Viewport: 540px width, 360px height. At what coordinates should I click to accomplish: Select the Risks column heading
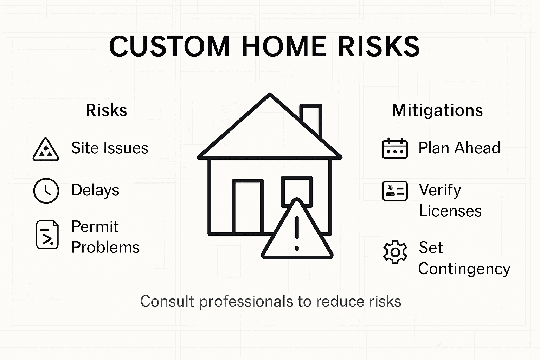[x=106, y=110]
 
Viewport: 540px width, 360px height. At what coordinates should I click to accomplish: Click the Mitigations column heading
[x=437, y=110]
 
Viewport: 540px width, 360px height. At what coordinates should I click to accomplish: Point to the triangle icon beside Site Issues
[x=46, y=150]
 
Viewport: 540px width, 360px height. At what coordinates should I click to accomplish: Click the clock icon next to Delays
[x=46, y=191]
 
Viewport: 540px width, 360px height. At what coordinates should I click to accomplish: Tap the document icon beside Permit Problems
[x=47, y=235]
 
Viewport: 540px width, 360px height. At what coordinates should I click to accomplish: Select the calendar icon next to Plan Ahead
[x=395, y=148]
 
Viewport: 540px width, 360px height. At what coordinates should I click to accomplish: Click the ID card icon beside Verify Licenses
[x=395, y=191]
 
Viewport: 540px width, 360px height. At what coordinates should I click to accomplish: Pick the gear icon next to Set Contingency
[x=395, y=252]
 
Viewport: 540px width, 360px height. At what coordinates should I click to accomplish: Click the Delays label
[x=95, y=190]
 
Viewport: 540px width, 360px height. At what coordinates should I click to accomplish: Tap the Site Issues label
[x=110, y=148]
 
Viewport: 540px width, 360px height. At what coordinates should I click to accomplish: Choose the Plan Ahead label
[x=459, y=148]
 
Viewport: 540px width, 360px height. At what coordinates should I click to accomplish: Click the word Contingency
[x=464, y=269]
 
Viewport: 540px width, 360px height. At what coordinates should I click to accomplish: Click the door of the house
[x=248, y=206]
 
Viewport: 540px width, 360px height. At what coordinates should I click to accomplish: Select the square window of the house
[x=297, y=190]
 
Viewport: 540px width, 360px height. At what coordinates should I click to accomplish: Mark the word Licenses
[x=450, y=211]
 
